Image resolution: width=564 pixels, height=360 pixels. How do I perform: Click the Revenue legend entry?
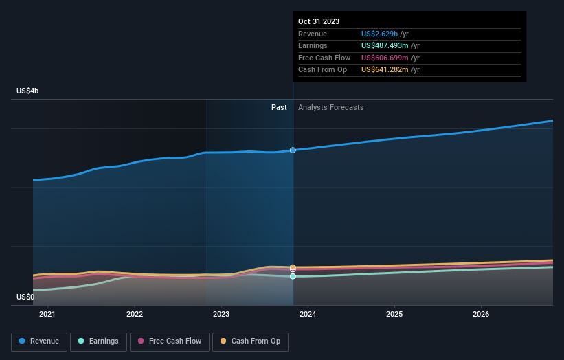pos(39,341)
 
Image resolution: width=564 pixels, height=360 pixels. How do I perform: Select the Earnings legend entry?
pos(98,341)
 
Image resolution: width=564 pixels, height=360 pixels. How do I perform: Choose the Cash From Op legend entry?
pos(251,341)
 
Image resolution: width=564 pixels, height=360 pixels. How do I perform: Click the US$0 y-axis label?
pos(25,297)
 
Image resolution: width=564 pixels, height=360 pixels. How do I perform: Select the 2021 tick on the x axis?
pos(47,315)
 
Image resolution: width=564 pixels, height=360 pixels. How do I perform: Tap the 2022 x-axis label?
pos(135,315)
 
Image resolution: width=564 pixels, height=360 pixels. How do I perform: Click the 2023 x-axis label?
pos(221,315)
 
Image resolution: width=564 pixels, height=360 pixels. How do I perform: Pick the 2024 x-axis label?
pos(308,315)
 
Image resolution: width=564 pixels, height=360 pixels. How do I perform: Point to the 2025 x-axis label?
pos(395,315)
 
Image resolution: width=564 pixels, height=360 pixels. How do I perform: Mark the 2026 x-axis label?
pos(482,315)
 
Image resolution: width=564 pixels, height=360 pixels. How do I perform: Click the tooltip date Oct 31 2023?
pos(319,22)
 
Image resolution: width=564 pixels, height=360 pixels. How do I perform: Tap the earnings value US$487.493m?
pos(390,46)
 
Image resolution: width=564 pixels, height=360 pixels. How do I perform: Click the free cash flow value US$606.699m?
pos(390,58)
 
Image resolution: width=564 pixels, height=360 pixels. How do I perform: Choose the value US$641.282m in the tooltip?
pos(390,70)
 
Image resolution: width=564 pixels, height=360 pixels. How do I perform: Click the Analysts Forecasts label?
pos(330,108)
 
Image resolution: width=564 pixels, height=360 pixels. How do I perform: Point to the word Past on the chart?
pos(279,108)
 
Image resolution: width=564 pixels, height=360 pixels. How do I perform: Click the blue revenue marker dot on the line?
pos(293,150)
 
